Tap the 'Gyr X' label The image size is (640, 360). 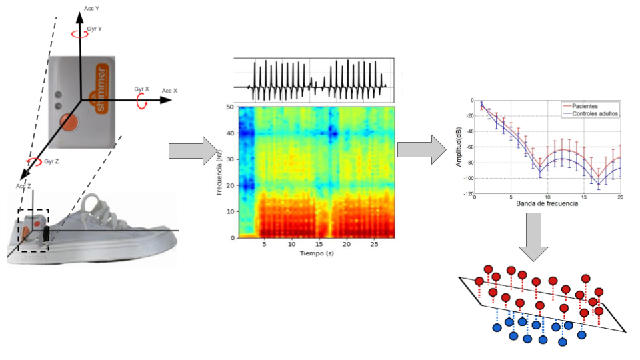click(141, 89)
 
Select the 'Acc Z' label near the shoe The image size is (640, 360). click(24, 186)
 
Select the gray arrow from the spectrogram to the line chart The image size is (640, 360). click(422, 150)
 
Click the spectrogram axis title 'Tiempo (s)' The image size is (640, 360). click(316, 254)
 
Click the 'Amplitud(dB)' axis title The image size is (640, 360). click(459, 146)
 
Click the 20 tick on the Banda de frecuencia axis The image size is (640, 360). click(619, 198)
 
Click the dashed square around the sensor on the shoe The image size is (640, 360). click(33, 231)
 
